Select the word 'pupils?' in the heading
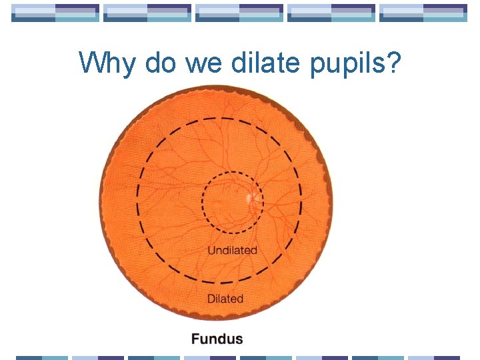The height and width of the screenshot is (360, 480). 359,64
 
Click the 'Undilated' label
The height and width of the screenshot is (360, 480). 232,251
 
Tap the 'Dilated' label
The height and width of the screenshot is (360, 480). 225,299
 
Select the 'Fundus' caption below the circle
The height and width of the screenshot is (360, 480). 217,339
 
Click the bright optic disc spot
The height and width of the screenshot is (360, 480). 251,198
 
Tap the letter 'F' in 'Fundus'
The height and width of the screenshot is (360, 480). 195,339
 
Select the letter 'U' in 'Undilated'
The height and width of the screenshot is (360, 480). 211,251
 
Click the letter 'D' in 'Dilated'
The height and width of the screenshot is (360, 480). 211,299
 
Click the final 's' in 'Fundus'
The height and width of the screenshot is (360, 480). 239,339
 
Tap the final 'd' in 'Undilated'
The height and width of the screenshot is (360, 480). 253,251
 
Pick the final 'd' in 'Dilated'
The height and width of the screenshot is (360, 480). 240,299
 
